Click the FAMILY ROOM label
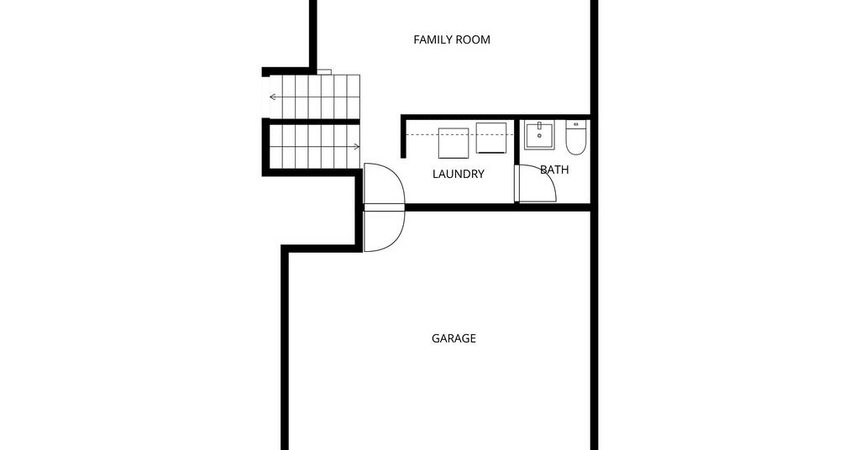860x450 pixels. click(x=451, y=39)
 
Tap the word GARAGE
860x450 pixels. click(x=454, y=338)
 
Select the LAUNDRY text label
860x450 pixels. click(x=459, y=175)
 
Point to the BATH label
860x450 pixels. click(x=554, y=170)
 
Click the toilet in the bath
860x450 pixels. click(x=576, y=138)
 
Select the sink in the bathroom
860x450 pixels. click(x=539, y=135)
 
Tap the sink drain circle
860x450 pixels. click(x=540, y=135)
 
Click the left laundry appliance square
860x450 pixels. click(x=454, y=144)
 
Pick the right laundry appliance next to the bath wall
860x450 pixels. click(x=490, y=139)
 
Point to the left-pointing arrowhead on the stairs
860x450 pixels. click(x=272, y=97)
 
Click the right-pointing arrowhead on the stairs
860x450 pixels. click(x=357, y=146)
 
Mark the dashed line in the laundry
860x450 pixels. click(x=459, y=135)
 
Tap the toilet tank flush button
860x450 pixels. click(x=576, y=124)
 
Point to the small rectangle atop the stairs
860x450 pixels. click(x=324, y=72)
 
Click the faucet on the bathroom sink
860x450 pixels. click(x=540, y=126)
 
